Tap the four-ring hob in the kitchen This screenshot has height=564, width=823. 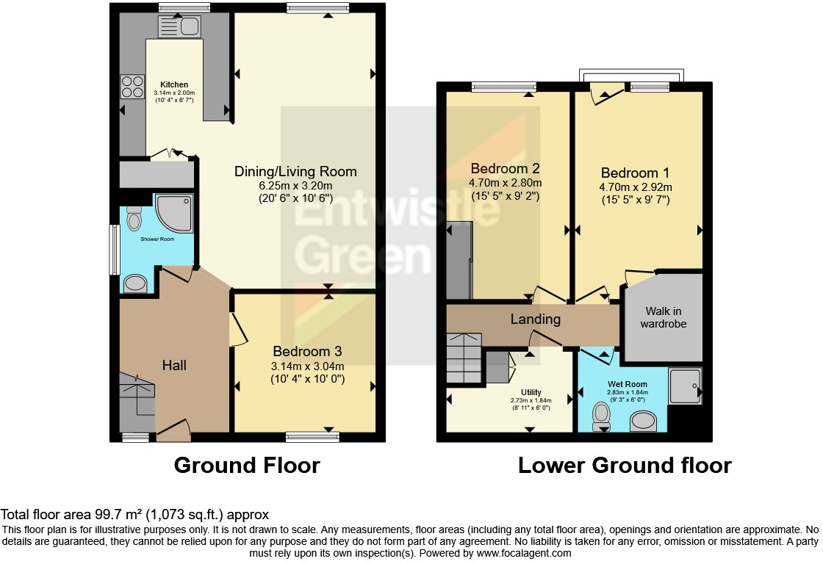132,87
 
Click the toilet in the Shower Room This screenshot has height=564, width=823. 134,217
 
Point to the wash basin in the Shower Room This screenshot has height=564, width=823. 134,283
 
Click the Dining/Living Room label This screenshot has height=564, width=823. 295,171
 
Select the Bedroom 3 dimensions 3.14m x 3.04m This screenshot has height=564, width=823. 308,366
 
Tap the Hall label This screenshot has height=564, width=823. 175,364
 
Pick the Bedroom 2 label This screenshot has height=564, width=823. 506,167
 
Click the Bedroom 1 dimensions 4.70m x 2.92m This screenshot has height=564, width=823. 635,187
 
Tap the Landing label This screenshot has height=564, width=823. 536,319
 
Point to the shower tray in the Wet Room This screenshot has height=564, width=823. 685,386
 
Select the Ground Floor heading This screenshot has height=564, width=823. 246,465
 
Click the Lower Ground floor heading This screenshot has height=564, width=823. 624,465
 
